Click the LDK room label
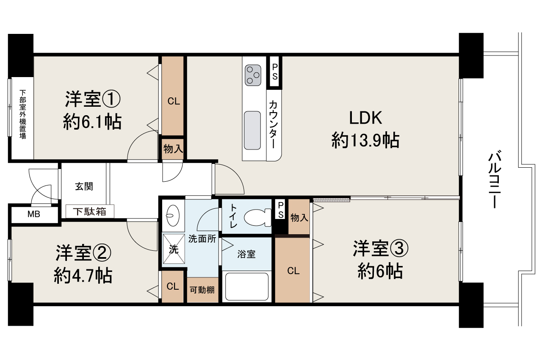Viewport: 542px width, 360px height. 365,118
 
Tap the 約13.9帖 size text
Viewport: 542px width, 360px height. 365,140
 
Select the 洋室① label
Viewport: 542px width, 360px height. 93,100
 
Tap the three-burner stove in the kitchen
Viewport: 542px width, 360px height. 253,75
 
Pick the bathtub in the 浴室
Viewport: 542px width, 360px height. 247,286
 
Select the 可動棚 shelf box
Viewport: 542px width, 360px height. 202,290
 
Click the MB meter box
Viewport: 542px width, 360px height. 34,214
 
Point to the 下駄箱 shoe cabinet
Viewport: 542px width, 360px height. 89,212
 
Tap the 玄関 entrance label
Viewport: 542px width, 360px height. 84,186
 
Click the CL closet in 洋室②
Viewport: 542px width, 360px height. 172,287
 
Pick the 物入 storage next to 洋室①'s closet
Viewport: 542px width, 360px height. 173,149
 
